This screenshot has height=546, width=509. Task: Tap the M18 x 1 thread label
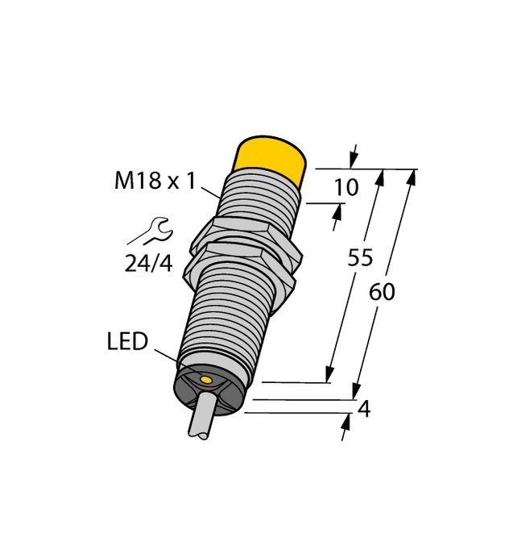pos(155,181)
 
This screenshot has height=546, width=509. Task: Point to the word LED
pos(127,342)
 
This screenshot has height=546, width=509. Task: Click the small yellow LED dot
pos(206,379)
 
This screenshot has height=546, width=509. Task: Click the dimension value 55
pos(360,258)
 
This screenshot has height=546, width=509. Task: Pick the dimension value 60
pos(382,292)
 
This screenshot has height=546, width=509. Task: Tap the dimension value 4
pos(363,410)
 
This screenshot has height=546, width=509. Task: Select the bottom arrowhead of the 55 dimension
pos(329,375)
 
